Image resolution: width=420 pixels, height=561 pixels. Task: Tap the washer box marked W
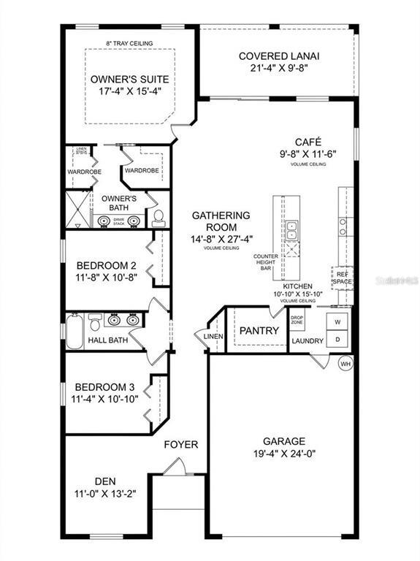click(337, 321)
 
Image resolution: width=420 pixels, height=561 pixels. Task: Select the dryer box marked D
click(337, 339)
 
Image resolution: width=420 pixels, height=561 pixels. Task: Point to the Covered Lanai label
click(279, 56)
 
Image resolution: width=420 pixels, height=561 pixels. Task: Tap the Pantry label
click(259, 331)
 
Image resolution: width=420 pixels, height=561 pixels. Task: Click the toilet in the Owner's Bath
click(158, 216)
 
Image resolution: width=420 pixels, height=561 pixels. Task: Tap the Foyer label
click(180, 444)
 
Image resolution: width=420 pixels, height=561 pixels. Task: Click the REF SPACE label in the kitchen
click(342, 278)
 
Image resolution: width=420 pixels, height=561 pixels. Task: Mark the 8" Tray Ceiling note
click(129, 43)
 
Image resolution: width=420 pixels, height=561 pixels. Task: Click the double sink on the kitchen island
click(291, 231)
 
